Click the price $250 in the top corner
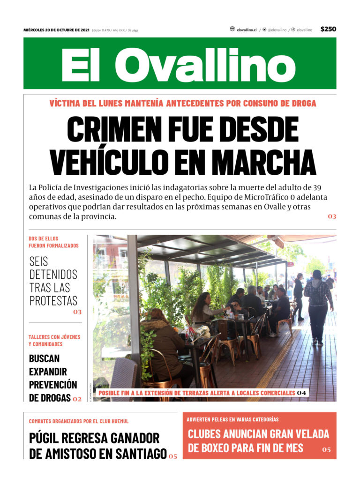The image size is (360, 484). [x=328, y=29]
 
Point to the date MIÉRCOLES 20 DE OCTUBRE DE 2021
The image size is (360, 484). [x=56, y=30]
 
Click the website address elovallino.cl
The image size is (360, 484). [x=247, y=30]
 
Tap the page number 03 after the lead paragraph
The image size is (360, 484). [x=332, y=216]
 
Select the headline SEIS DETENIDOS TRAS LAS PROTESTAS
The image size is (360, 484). [x=53, y=281]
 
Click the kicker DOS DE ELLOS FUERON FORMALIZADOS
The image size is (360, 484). [x=53, y=242]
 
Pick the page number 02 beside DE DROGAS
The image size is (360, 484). [x=77, y=399]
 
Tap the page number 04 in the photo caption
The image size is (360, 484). [x=302, y=393]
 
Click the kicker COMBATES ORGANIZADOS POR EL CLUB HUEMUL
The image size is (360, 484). [x=79, y=421]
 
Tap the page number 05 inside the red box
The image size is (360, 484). [x=326, y=450]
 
